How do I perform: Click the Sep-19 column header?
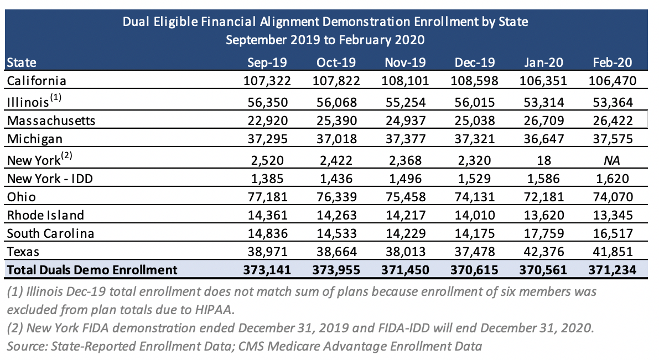267,62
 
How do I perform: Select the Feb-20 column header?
613,62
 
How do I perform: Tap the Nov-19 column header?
405,62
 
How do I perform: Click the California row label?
37,81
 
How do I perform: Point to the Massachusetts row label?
51,121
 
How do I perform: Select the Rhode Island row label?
45,215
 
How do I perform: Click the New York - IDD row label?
50,179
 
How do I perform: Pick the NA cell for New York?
612,160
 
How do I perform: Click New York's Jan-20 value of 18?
543,160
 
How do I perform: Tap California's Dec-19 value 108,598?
474,81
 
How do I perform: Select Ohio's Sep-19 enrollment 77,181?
267,197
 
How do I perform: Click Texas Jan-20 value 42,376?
543,252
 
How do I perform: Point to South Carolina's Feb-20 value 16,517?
613,233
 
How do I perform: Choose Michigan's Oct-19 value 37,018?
336,139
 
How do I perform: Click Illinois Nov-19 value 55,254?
405,102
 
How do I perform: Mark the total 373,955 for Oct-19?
336,270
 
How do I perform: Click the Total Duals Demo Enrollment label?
92,270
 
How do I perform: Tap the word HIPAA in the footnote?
214,310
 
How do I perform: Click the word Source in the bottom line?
27,347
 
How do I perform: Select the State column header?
22,62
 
